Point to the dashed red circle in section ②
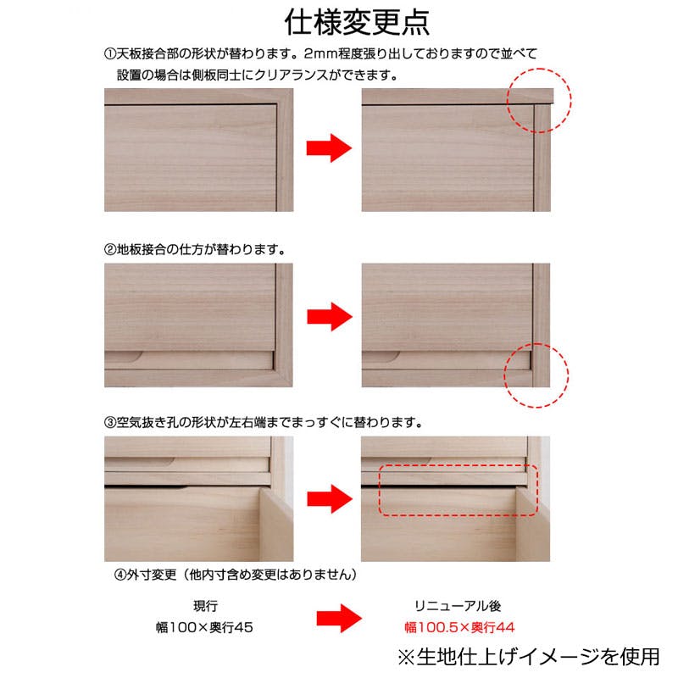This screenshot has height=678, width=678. coord(536,375)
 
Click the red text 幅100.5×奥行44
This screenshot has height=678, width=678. coord(458,628)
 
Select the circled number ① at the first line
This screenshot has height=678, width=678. coord(109,53)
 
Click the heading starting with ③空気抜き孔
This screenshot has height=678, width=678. coord(264,421)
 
